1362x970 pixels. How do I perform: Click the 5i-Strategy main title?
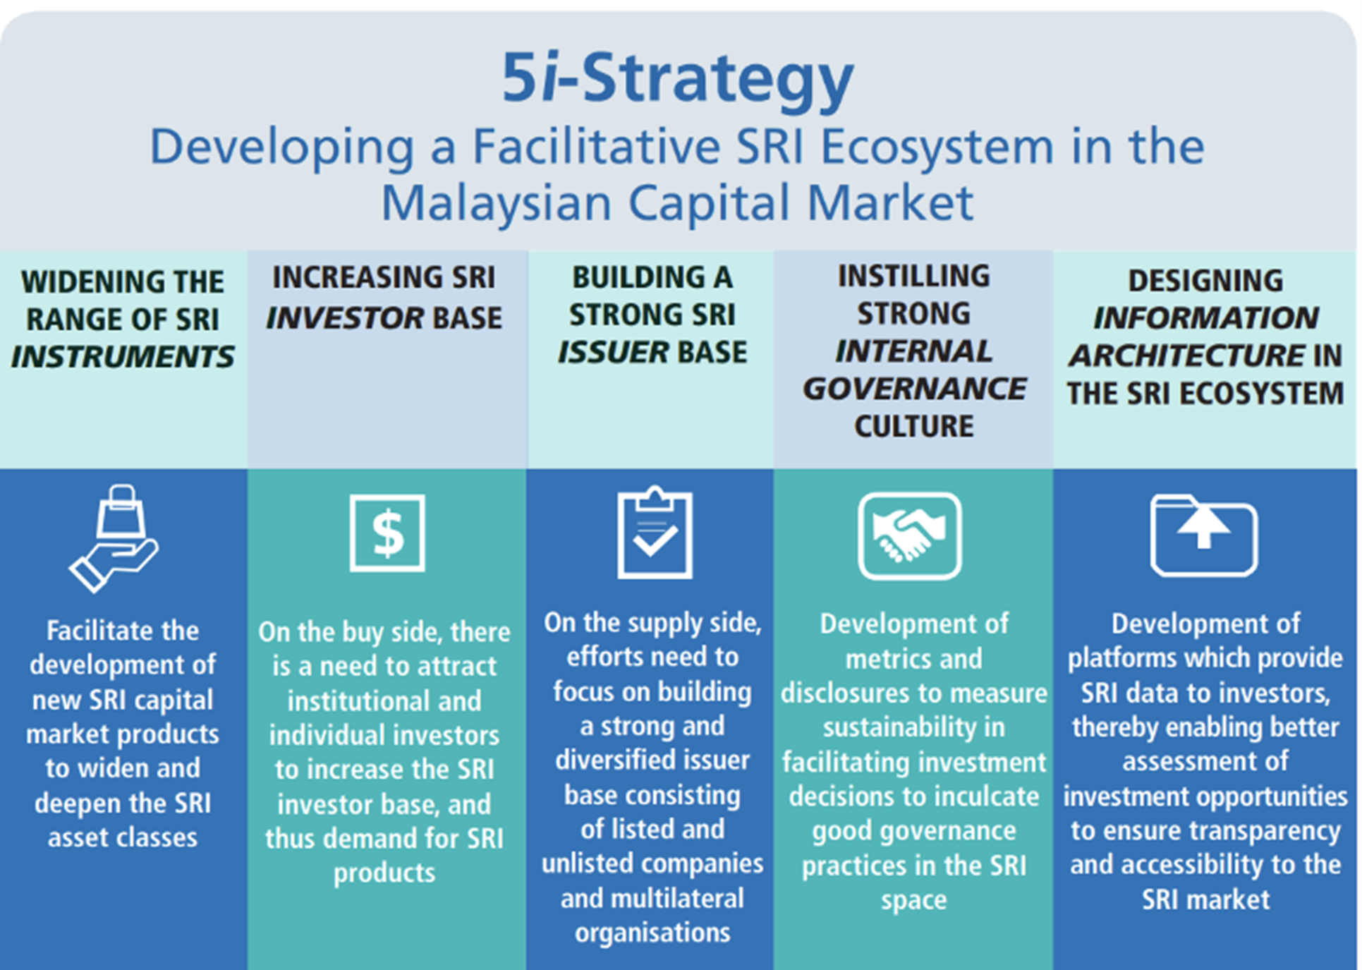point(678,79)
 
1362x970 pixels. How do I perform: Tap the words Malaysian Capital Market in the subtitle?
point(677,203)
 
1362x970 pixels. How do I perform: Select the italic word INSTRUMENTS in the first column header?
point(123,357)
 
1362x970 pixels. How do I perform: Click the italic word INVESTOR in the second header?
point(344,318)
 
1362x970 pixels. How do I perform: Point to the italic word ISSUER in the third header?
point(613,352)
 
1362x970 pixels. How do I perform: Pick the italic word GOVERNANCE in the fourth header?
point(914,389)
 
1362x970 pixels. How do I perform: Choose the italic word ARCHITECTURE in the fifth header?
point(1187,356)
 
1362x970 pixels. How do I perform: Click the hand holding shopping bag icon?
point(114,538)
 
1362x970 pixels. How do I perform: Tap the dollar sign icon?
point(387,533)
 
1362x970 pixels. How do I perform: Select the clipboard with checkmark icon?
point(655,533)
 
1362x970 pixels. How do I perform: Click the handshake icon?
point(910,536)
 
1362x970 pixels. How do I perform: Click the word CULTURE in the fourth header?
point(914,426)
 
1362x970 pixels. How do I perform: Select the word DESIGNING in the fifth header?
point(1205,281)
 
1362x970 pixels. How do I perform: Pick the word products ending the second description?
point(384,873)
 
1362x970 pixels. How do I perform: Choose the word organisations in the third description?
point(652,933)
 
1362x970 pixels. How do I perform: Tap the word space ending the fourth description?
point(913,900)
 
